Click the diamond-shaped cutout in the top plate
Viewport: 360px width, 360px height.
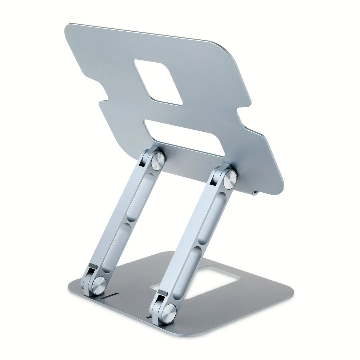(158, 82)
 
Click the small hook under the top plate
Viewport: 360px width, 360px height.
(255, 193)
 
